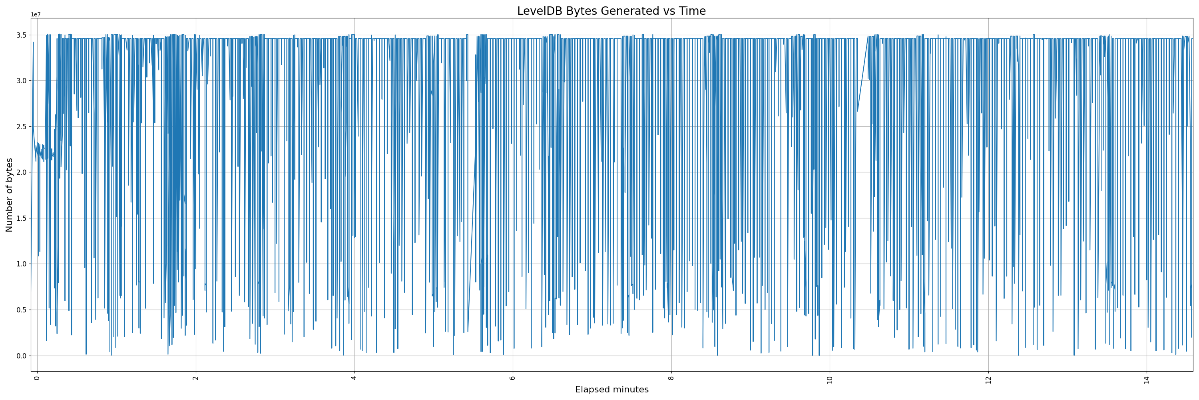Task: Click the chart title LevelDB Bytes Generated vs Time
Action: (611, 11)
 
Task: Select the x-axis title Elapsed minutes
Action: (611, 390)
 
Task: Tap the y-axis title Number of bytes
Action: (9, 195)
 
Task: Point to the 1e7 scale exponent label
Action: (36, 14)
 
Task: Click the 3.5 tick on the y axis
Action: (21, 35)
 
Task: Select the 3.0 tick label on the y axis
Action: (21, 80)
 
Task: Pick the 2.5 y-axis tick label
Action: (21, 127)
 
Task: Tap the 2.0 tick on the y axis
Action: (21, 172)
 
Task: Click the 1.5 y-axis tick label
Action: (21, 218)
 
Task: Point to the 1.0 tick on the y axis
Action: (21, 264)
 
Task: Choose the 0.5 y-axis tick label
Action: (21, 310)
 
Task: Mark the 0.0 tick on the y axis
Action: (21, 356)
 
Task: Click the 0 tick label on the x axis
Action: (37, 378)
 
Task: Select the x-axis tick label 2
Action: (195, 378)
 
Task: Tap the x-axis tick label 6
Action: (512, 378)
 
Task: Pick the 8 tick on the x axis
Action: (671, 378)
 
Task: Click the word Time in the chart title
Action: (693, 11)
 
